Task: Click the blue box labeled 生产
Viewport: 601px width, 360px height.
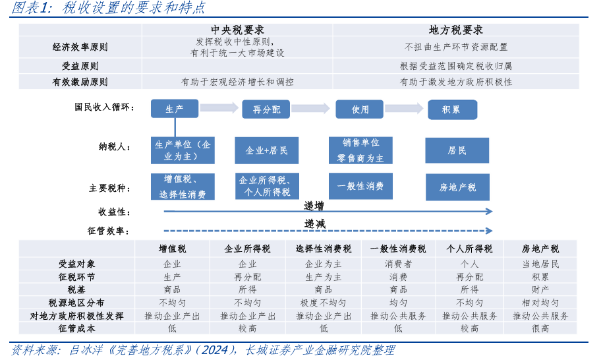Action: [x=175, y=109]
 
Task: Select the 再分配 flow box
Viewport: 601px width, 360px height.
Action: [x=266, y=109]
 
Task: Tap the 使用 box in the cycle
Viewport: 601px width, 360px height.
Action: [x=360, y=109]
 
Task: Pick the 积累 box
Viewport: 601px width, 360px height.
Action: [x=451, y=109]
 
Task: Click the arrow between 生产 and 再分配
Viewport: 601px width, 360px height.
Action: [x=219, y=108]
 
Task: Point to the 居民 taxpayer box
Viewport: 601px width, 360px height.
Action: [x=457, y=150]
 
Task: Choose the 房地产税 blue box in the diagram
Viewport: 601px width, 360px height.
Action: [x=457, y=187]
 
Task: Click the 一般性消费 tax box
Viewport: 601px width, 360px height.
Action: [x=360, y=187]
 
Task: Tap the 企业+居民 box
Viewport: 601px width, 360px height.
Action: [x=266, y=150]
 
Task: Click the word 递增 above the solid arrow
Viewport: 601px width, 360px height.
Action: [x=314, y=206]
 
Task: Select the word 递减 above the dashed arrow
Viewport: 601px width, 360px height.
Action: [x=314, y=224]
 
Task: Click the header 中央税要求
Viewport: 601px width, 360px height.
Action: [x=237, y=30]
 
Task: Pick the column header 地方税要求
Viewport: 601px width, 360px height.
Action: [x=456, y=30]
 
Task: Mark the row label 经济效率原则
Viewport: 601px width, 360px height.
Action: [x=80, y=47]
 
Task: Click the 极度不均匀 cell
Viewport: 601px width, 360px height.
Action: [x=323, y=303]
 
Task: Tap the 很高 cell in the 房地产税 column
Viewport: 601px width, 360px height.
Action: [x=540, y=328]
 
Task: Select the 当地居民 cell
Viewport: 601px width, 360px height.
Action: [x=540, y=264]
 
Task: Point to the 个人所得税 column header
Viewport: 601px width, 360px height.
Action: [x=469, y=249]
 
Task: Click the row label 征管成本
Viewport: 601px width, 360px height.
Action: [x=76, y=328]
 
